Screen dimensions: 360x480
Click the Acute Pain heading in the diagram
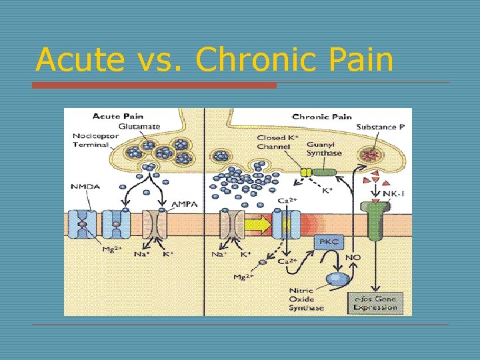(117, 116)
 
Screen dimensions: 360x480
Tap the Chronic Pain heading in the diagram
(322, 116)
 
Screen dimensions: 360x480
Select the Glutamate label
(139, 126)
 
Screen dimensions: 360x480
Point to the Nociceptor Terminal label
(96, 140)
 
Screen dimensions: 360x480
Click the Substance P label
(381, 127)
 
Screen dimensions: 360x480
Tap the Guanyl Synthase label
(324, 148)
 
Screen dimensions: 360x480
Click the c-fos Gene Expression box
(375, 303)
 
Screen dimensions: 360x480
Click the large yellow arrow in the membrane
(257, 225)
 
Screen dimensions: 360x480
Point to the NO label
(353, 256)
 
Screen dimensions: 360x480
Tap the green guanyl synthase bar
(325, 172)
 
